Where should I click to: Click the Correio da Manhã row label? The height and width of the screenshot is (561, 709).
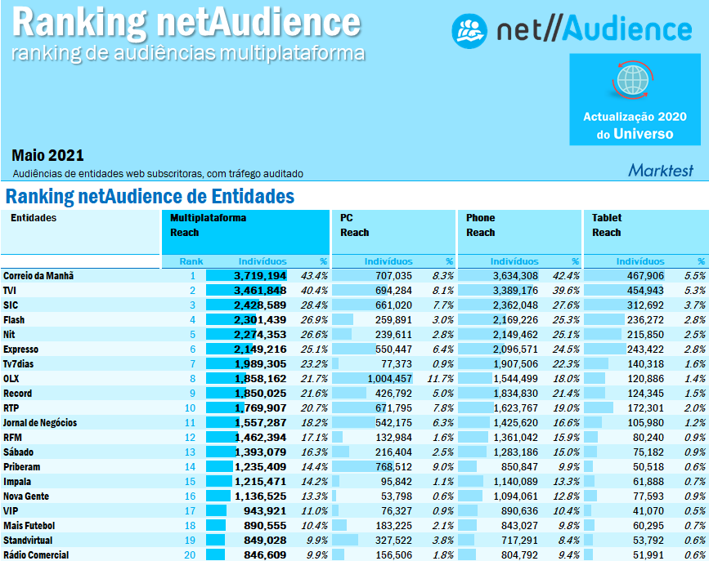point(38,276)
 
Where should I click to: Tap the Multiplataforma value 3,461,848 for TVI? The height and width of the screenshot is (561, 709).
point(260,291)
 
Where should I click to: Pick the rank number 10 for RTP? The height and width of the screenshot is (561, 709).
point(191,408)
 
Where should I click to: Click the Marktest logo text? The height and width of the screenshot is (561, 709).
point(661,171)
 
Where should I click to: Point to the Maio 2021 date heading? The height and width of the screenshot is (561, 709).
point(47,155)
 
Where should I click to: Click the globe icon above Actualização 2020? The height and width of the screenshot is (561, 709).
point(630,80)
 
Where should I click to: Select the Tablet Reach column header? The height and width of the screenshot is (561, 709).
point(607,225)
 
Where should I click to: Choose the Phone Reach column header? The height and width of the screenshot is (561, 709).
point(481,225)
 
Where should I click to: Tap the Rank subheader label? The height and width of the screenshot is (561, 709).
point(191,261)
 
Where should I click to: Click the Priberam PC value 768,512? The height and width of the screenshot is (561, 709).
point(390,467)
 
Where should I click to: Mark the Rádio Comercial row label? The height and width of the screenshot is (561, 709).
point(37,555)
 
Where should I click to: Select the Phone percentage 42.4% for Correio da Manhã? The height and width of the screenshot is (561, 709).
point(565,276)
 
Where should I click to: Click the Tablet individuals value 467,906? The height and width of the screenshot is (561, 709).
point(640,276)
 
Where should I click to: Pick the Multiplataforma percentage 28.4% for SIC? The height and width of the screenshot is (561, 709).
point(314,305)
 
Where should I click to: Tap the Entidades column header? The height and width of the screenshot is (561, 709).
point(34,218)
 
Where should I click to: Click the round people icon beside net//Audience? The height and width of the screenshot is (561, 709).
point(469,30)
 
